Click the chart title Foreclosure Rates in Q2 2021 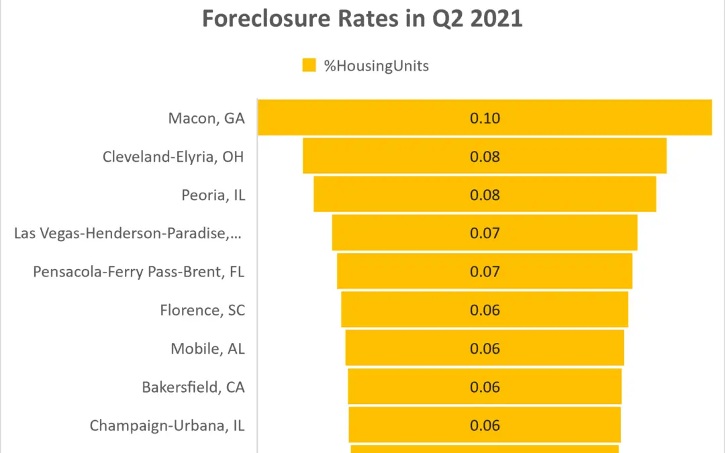[x=362, y=19]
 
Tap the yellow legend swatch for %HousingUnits [x=309, y=65]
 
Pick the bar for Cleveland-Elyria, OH [x=403, y=156]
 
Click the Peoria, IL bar [x=403, y=195]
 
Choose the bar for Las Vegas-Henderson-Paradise [x=403, y=234]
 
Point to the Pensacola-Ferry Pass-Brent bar [x=403, y=272]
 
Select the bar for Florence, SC [x=403, y=310]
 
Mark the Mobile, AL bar [x=403, y=348]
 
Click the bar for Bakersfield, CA [x=403, y=387]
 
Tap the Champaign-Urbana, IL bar [x=403, y=425]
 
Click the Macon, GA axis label [x=207, y=119]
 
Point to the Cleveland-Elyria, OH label [x=173, y=157]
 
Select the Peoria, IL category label [x=213, y=195]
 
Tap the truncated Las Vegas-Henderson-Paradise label [x=129, y=234]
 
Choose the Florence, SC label [x=202, y=310]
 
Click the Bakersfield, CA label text [x=193, y=387]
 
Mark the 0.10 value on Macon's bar [x=485, y=118]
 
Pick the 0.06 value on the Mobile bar [x=485, y=348]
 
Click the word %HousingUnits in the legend [x=376, y=66]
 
